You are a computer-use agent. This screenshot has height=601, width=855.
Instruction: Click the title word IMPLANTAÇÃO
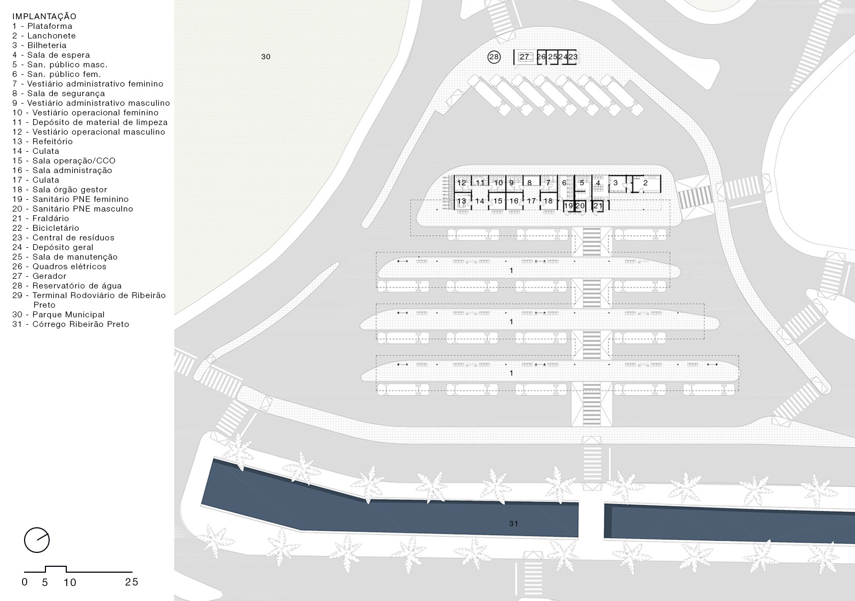tap(44, 16)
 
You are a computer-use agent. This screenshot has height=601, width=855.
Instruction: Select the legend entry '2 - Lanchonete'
tap(44, 35)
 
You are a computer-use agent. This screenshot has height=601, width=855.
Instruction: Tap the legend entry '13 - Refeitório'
tap(42, 141)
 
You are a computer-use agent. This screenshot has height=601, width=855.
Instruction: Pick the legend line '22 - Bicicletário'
tap(46, 228)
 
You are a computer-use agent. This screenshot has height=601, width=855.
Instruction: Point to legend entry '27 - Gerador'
tap(40, 276)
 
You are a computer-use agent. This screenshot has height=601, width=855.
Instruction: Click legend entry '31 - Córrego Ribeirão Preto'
tap(71, 324)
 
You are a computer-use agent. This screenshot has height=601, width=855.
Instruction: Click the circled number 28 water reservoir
tap(494, 57)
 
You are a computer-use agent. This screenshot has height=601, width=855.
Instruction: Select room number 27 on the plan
tap(524, 57)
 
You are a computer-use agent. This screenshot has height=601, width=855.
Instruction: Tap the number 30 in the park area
tap(266, 57)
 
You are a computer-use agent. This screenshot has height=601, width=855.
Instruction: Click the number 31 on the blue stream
tap(514, 524)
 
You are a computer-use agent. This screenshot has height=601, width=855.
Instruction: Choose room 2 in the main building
tap(645, 183)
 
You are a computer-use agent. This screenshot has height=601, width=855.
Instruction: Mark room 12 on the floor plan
tap(462, 183)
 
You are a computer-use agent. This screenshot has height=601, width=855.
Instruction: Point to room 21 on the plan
tap(598, 206)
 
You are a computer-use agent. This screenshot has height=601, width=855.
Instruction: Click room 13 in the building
tap(462, 201)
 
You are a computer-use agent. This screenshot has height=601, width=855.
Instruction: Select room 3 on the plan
tap(615, 183)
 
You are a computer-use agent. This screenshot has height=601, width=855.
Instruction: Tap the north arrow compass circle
tap(37, 540)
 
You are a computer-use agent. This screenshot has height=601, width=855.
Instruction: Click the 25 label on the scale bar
tap(131, 582)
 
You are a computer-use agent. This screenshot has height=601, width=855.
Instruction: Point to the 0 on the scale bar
tap(25, 582)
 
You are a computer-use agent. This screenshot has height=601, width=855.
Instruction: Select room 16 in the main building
tap(514, 201)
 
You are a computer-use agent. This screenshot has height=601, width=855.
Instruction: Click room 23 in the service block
tap(572, 57)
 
